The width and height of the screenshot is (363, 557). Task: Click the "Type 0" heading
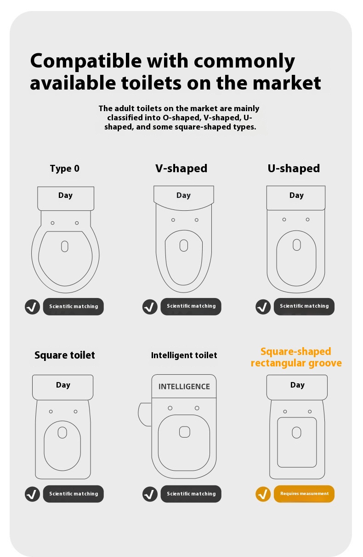coord(65,169)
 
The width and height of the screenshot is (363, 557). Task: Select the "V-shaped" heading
coord(181,169)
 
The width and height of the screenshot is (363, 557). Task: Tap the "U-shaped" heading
coord(294,169)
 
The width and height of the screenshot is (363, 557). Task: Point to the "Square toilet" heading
coord(65,355)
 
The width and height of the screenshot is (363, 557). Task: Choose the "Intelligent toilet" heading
coord(184,355)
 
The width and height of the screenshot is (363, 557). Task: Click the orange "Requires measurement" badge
coord(304,494)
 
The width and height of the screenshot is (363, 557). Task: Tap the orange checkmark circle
coord(263,494)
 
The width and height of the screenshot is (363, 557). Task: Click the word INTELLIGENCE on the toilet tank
coord(184,387)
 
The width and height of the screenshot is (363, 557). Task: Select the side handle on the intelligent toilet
coord(145,415)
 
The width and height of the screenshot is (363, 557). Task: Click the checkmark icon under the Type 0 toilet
coord(32,307)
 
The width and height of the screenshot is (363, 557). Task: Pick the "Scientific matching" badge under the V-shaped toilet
coord(191,306)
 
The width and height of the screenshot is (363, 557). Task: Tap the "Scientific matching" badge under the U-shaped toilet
coord(304,306)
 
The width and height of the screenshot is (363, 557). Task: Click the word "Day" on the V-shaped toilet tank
coord(184,196)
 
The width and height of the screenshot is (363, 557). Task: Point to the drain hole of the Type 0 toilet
coord(65,247)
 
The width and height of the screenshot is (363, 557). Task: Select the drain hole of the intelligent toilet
coord(185,432)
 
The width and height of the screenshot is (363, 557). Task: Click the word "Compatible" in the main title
coord(86,62)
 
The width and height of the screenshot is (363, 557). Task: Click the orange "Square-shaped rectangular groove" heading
coord(296,357)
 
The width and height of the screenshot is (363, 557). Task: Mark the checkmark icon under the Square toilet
coord(32,494)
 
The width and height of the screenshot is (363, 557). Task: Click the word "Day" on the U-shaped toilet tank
coord(296,196)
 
